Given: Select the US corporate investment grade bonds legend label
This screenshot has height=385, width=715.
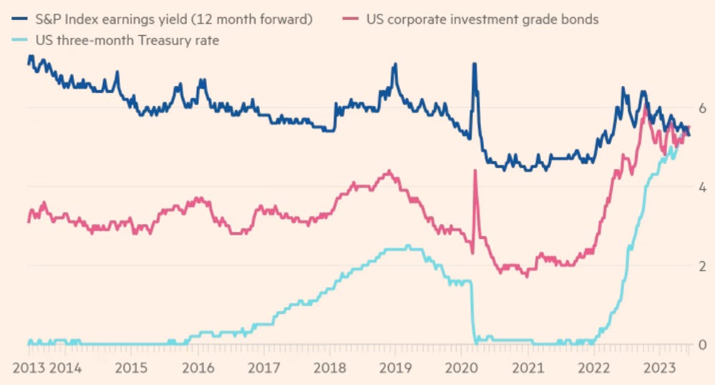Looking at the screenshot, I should (482, 19).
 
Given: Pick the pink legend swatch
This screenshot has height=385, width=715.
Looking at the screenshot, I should (355, 19).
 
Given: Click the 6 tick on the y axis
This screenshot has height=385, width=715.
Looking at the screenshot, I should (703, 108).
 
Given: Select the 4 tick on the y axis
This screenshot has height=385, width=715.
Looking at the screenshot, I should (703, 187).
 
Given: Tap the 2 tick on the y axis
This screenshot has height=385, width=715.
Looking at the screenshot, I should (703, 266).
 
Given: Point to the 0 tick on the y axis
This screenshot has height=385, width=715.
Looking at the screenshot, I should (703, 345).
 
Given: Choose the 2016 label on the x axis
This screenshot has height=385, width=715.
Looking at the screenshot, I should (198, 369).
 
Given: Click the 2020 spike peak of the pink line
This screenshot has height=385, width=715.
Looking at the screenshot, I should (475, 171).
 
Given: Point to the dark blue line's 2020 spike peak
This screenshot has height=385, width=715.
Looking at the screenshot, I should (474, 64).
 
